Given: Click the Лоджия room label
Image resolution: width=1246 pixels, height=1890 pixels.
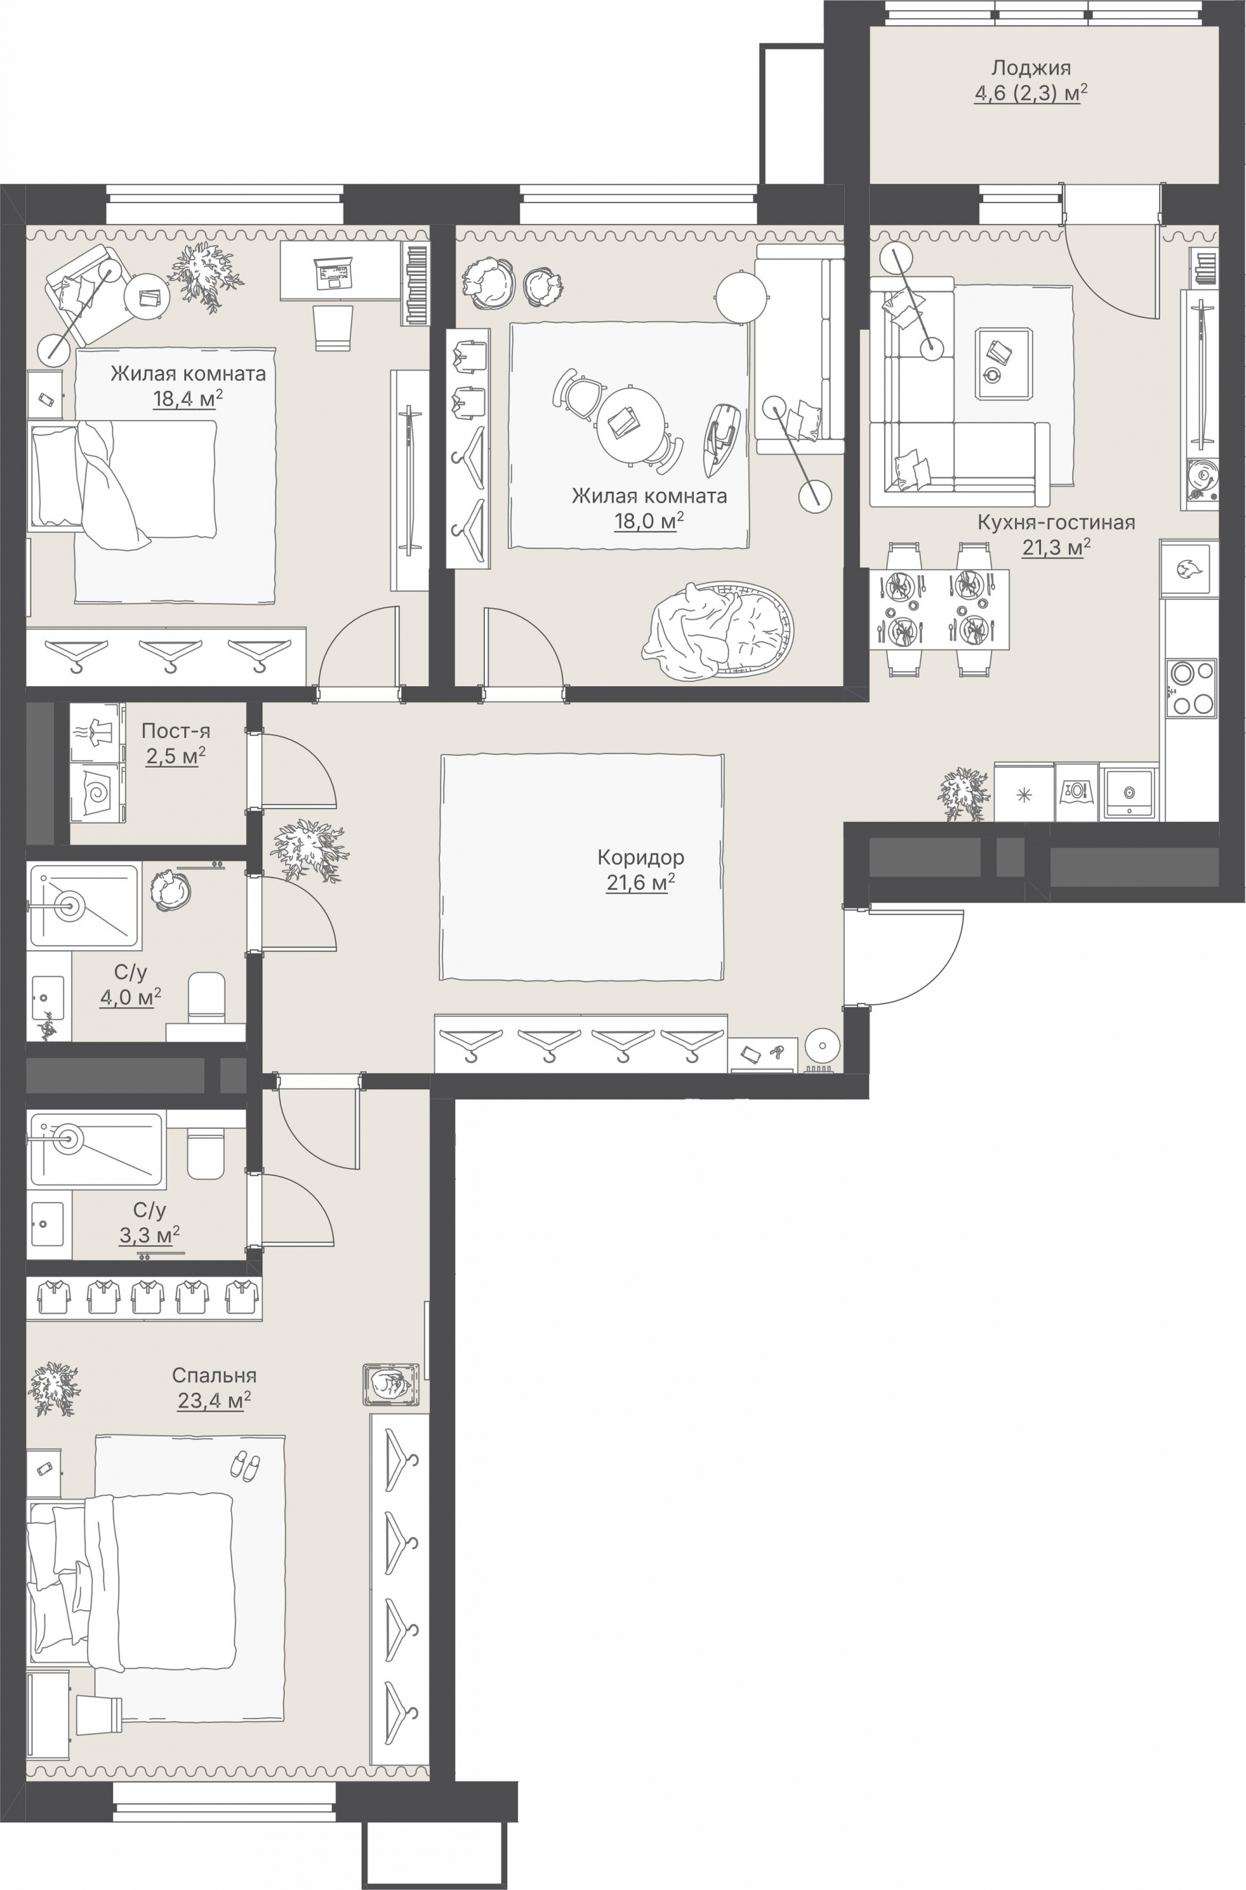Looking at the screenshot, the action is tap(1031, 67).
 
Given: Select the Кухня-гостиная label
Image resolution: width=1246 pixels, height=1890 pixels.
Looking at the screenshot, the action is tap(1056, 522).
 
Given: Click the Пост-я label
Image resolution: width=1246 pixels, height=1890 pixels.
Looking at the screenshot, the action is tap(176, 730).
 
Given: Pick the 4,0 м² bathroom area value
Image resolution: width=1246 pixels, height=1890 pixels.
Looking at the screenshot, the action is tap(130, 997).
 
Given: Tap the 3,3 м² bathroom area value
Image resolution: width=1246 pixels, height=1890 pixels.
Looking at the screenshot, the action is tap(149, 1234).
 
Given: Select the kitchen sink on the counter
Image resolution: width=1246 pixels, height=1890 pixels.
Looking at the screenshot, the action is tap(1129, 792).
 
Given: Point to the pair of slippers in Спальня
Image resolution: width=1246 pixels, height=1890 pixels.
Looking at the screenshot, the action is tap(244, 1464).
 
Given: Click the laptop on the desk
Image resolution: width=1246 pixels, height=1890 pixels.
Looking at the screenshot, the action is tap(334, 273).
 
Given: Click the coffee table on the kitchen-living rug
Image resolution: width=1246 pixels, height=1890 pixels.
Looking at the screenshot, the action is tap(1005, 363).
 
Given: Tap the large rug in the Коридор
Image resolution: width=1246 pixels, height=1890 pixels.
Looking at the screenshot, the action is tap(583, 867).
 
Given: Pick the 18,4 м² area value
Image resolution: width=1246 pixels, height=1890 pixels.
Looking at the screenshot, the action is tap(188, 399).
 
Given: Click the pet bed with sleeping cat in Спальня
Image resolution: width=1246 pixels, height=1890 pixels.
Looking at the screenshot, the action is tap(391, 1384).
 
